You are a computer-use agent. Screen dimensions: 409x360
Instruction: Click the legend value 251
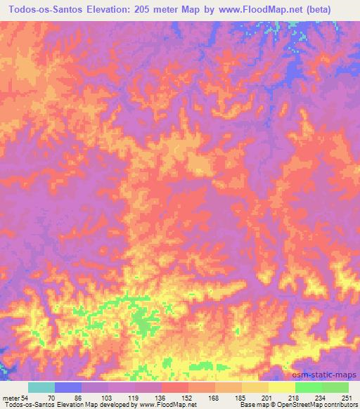[346, 397]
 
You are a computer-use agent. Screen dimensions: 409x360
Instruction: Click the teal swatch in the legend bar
[41, 387]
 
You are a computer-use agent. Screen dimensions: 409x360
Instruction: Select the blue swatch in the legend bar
[68, 387]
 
